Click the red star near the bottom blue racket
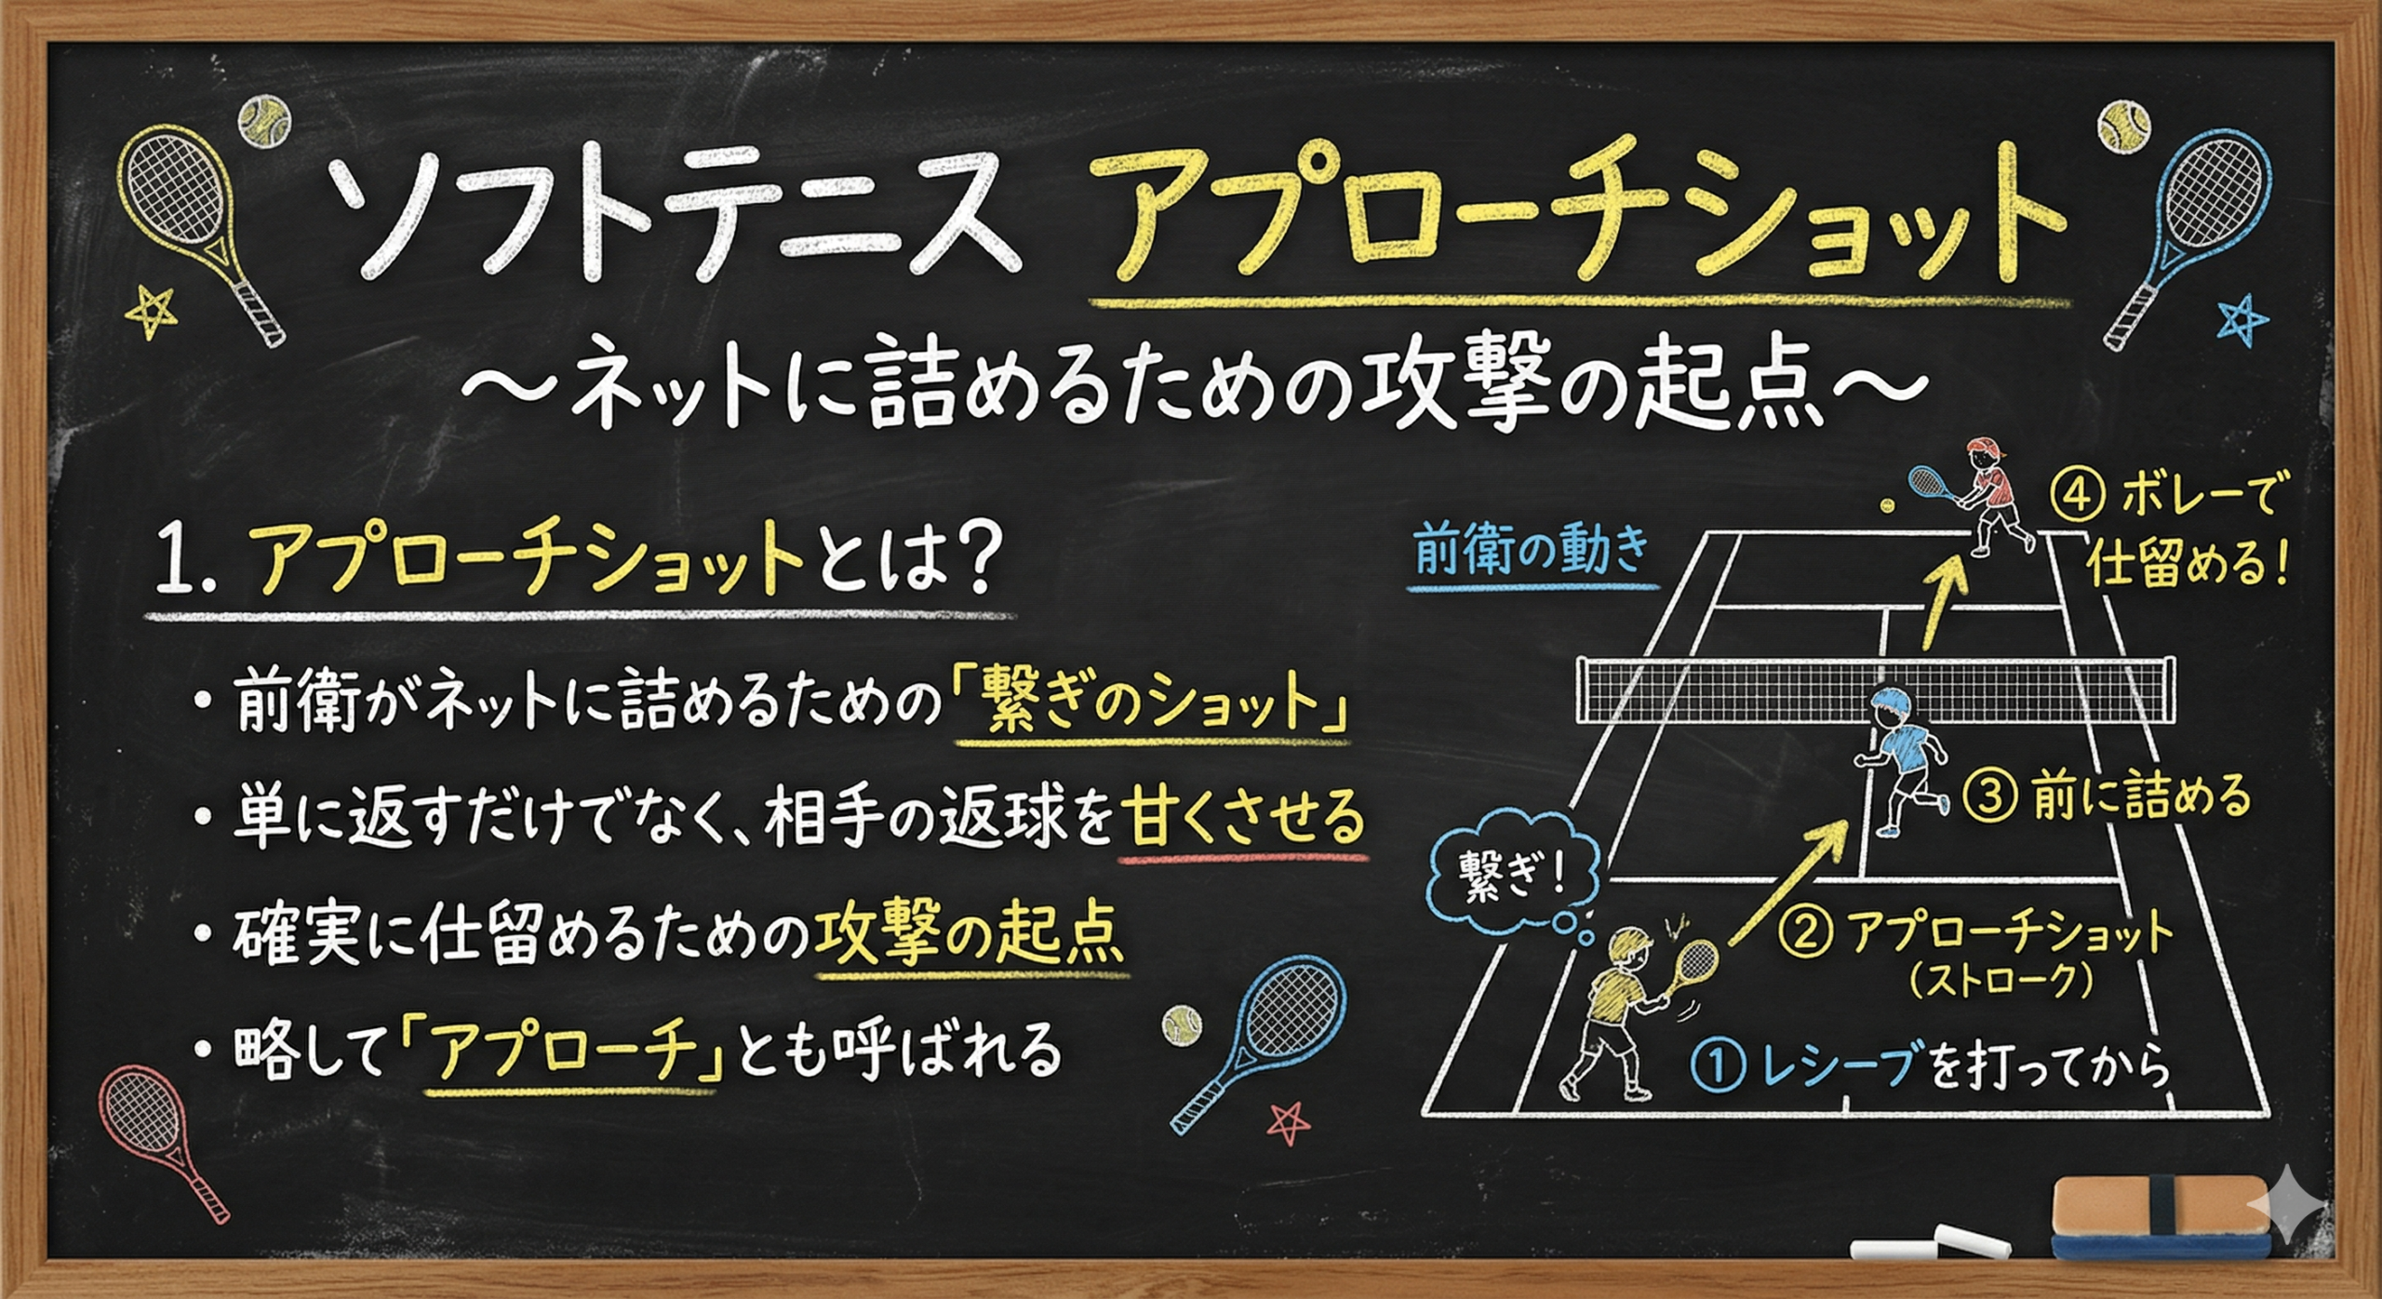1289,1123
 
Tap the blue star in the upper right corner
2242,319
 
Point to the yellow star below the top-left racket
151,311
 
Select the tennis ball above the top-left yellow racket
264,120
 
